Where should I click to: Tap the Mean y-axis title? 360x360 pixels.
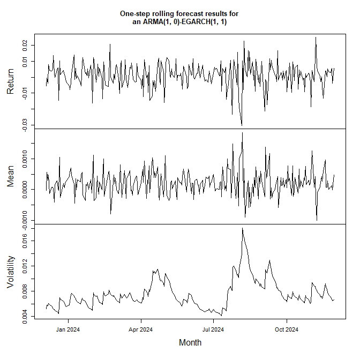[11, 176]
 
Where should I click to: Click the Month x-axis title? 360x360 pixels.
[190, 342]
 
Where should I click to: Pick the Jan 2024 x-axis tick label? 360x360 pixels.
[68, 329]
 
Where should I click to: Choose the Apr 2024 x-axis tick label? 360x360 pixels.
[140, 329]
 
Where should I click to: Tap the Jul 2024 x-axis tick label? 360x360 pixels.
[213, 329]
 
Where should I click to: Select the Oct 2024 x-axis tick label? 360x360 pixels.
[286, 329]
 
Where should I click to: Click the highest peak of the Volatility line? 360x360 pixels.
[243, 228]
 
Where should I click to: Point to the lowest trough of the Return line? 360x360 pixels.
[242, 125]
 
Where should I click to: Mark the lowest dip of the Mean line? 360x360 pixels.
[317, 220]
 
